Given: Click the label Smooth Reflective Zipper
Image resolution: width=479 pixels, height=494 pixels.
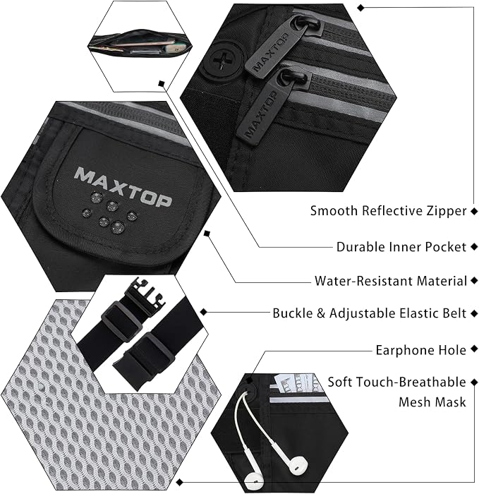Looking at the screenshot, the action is pyautogui.click(x=388, y=211).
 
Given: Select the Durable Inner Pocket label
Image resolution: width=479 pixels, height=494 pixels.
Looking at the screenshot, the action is pyautogui.click(x=401, y=247).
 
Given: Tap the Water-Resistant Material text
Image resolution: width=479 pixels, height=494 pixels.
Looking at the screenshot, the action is pyautogui.click(x=391, y=280).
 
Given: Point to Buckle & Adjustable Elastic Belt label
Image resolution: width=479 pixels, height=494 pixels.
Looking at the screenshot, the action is pyautogui.click(x=369, y=313).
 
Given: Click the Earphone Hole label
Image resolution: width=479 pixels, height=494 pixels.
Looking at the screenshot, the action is pyautogui.click(x=420, y=350).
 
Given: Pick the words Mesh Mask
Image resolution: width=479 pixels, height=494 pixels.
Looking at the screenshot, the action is pyautogui.click(x=432, y=402).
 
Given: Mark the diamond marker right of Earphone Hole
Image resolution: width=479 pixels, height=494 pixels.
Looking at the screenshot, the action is pyautogui.click(x=474, y=349).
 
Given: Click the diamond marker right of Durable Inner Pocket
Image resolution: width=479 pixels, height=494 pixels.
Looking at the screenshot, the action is pyautogui.click(x=474, y=247).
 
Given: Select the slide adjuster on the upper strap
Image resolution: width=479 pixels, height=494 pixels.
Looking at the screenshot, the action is pyautogui.click(x=121, y=321).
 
